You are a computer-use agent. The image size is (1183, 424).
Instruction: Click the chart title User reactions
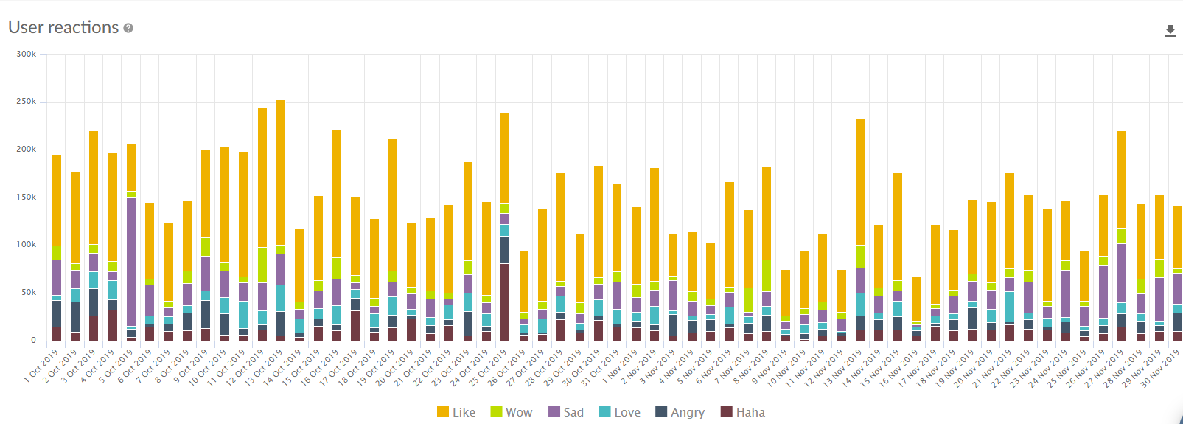[63, 27]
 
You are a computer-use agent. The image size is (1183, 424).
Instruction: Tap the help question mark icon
[128, 28]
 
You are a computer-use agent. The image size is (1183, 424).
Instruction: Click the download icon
[1170, 31]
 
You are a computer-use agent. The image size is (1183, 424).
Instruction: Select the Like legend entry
[456, 412]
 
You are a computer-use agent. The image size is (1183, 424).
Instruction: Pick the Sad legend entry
[566, 412]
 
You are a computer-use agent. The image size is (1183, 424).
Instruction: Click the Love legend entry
[620, 412]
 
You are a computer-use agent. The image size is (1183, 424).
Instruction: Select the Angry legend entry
[680, 412]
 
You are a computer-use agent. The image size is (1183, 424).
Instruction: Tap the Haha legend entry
[743, 412]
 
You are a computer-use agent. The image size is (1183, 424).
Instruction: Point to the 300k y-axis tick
[27, 54]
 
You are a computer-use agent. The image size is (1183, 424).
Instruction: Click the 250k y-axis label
[27, 102]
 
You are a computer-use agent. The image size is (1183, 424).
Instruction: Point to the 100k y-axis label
[27, 245]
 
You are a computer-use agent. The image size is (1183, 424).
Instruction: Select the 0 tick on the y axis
[33, 340]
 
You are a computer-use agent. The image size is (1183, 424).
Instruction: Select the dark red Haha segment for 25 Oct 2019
[505, 302]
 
